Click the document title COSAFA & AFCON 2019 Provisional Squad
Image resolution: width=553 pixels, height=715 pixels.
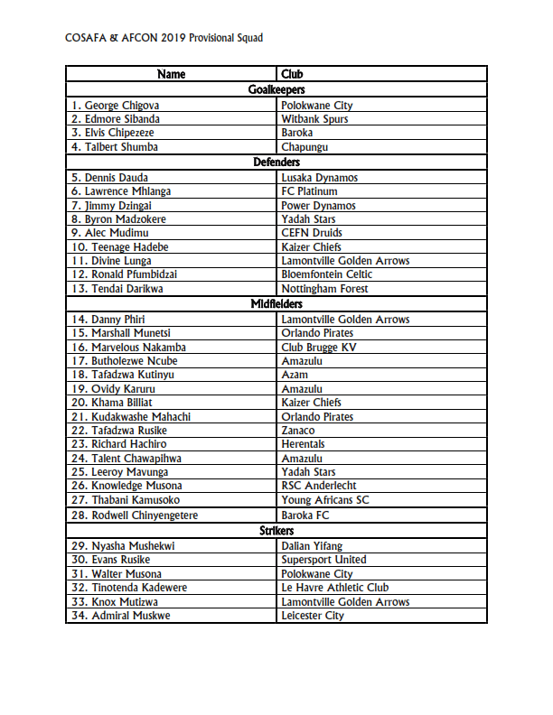pyautogui.click(x=164, y=38)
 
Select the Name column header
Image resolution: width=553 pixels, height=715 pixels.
pyautogui.click(x=171, y=74)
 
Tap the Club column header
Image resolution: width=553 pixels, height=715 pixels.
pyautogui.click(x=292, y=74)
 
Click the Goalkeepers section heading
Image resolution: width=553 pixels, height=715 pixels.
pyautogui.click(x=276, y=89)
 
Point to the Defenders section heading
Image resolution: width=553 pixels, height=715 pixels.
pyautogui.click(x=276, y=162)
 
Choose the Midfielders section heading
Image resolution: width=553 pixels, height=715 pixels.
pyautogui.click(x=276, y=304)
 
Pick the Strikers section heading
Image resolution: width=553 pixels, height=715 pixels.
pyautogui.click(x=276, y=531)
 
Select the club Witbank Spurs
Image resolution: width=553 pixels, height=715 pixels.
pyautogui.click(x=314, y=119)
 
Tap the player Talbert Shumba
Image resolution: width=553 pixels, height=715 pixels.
pyautogui.click(x=115, y=147)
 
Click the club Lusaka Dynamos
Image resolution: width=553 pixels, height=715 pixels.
pyautogui.click(x=319, y=178)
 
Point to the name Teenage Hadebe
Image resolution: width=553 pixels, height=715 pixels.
pyautogui.click(x=120, y=246)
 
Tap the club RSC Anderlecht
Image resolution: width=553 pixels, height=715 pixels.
pyautogui.click(x=319, y=486)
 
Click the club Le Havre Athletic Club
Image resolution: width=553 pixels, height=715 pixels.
pyautogui.click(x=334, y=588)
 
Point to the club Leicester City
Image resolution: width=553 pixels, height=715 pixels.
pyautogui.click(x=313, y=616)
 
